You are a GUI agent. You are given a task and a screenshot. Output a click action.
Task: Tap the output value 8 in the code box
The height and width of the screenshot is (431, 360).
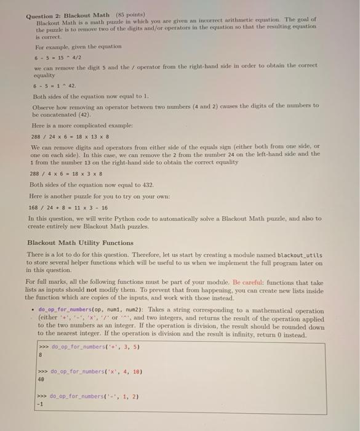tap(40, 355)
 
